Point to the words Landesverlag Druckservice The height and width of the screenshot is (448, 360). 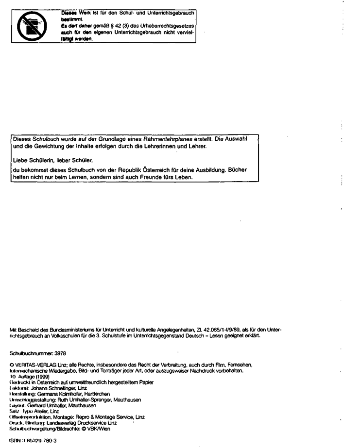tap(77, 423)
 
